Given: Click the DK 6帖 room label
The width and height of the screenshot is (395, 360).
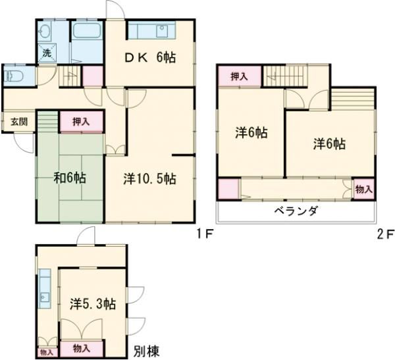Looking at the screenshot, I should (x=151, y=58).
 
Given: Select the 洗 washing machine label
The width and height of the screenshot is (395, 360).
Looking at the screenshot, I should (x=47, y=53).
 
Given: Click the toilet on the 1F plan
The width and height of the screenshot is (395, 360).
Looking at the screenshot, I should (x=14, y=75).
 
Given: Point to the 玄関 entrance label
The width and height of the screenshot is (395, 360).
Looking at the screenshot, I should (x=18, y=122).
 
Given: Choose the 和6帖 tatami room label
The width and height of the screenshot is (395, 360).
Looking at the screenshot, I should (x=69, y=177).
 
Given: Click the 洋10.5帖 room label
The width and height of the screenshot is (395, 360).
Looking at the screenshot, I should (x=149, y=178).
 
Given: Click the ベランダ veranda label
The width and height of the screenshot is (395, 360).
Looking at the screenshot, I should (x=296, y=211).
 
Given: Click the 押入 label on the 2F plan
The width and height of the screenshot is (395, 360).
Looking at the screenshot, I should (x=239, y=76).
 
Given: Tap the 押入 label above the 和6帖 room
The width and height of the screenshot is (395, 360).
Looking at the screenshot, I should (x=82, y=121).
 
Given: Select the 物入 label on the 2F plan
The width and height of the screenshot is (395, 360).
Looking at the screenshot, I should (x=363, y=189).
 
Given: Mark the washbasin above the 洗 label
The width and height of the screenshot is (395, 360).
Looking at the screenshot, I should (x=46, y=32).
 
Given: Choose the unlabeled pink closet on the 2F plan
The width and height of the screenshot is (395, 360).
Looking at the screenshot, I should (x=228, y=188).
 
